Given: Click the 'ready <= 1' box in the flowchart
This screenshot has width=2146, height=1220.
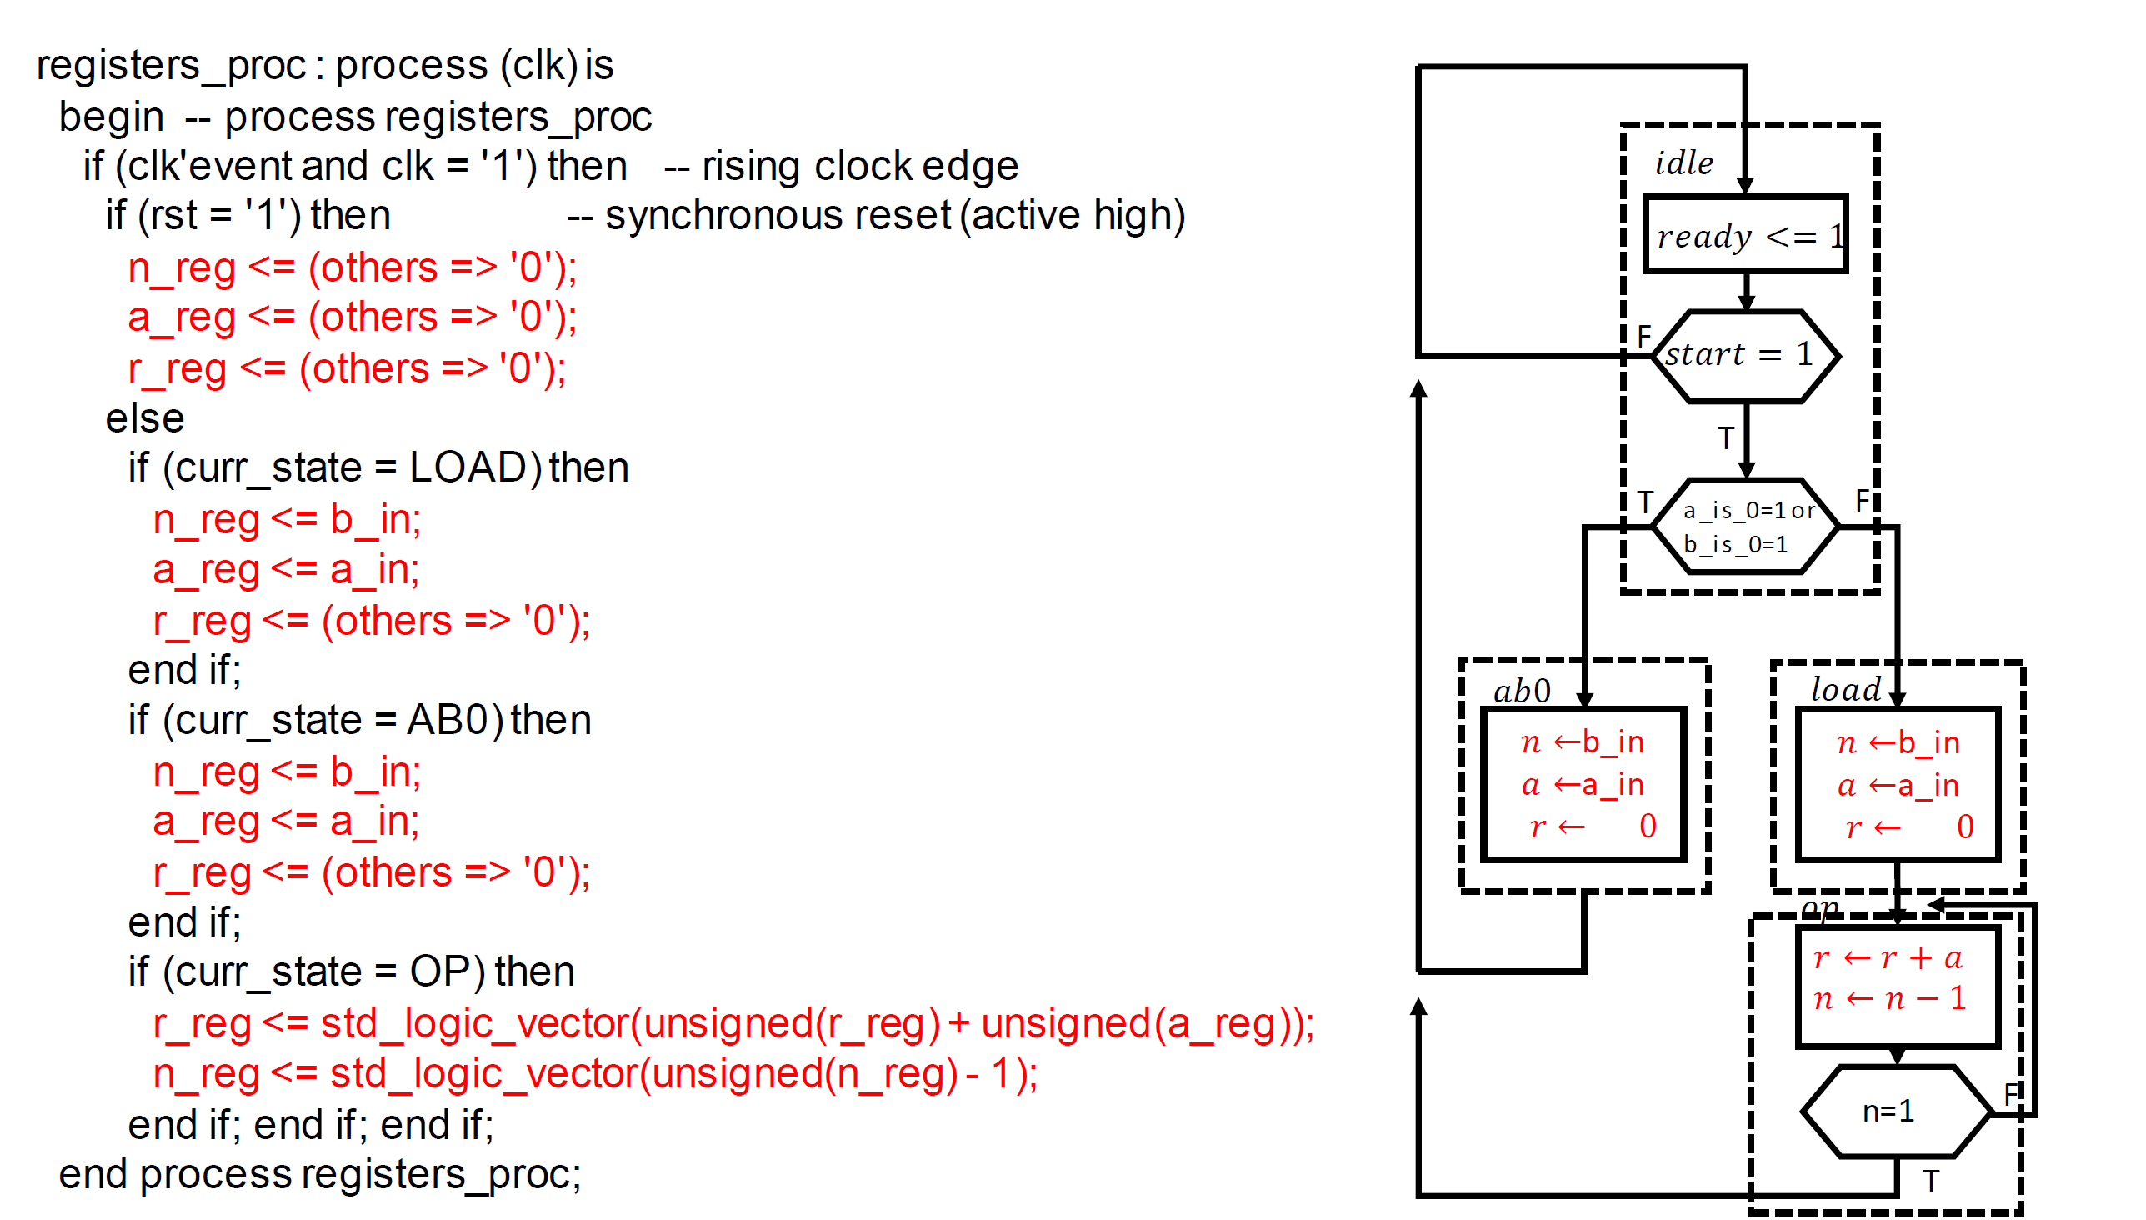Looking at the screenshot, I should pyautogui.click(x=1745, y=235).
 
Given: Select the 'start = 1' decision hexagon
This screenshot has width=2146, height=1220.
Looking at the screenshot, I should pyautogui.click(x=1745, y=355).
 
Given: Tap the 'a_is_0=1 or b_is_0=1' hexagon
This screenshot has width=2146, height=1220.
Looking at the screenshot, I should pyautogui.click(x=1745, y=527).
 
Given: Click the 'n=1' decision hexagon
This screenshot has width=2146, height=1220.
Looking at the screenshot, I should pyautogui.click(x=1895, y=1112).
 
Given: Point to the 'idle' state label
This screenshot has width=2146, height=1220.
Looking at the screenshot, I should pyautogui.click(x=1683, y=162).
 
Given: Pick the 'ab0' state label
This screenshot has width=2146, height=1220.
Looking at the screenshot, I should pyautogui.click(x=1522, y=692).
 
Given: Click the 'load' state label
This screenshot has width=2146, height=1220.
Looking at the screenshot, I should pyautogui.click(x=1846, y=690).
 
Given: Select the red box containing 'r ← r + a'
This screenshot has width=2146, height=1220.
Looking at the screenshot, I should pyautogui.click(x=1897, y=986).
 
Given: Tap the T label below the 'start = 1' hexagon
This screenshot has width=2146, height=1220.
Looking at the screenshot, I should pyautogui.click(x=1726, y=438).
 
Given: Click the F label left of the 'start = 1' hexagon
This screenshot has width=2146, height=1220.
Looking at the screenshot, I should pyautogui.click(x=1644, y=337).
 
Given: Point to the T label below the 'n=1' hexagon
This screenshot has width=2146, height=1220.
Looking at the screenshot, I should pyautogui.click(x=1931, y=1182).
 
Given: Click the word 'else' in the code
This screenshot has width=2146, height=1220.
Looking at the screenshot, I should pyautogui.click(x=145, y=418).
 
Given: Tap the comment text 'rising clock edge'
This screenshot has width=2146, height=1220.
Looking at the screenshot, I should pyautogui.click(x=859, y=166).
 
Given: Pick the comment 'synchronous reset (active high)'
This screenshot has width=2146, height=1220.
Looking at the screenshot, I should pyautogui.click(x=894, y=215).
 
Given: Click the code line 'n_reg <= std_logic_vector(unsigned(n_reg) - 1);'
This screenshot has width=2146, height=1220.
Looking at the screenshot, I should pyautogui.click(x=595, y=1074).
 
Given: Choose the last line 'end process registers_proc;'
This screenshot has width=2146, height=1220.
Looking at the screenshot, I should pyautogui.click(x=320, y=1175).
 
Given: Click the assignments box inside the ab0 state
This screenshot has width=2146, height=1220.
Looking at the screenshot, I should pyautogui.click(x=1583, y=784).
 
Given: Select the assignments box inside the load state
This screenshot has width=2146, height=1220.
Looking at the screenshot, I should pyautogui.click(x=1898, y=784).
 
